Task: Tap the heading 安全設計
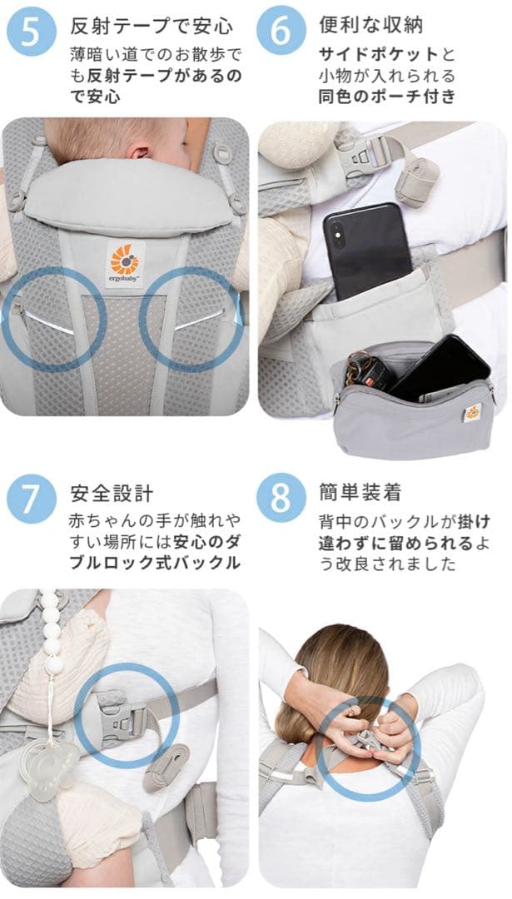(x=112, y=493)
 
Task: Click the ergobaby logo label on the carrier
(x=125, y=262)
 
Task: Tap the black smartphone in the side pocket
(x=366, y=249)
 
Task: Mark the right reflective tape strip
(x=200, y=319)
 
